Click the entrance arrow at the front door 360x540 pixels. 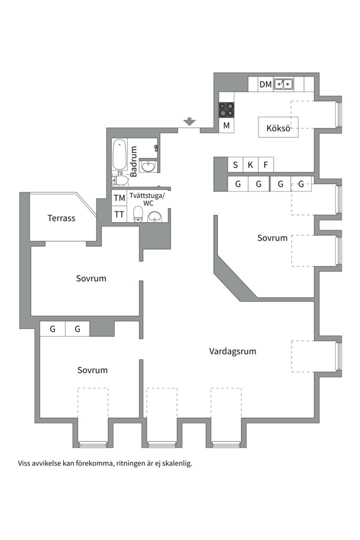189,121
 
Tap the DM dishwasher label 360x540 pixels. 265,84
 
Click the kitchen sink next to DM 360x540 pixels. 283,84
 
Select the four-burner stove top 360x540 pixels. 226,110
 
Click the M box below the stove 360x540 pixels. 226,125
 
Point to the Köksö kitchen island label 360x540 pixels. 278,128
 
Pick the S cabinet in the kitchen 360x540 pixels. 235,164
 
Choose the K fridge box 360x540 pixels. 250,164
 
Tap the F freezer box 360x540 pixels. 265,164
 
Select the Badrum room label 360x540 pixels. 133,161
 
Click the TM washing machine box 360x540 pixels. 119,198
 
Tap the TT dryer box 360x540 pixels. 119,214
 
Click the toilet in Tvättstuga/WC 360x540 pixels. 138,214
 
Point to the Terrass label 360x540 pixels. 61,218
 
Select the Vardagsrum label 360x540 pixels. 232,351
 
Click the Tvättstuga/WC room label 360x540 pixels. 147,199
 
